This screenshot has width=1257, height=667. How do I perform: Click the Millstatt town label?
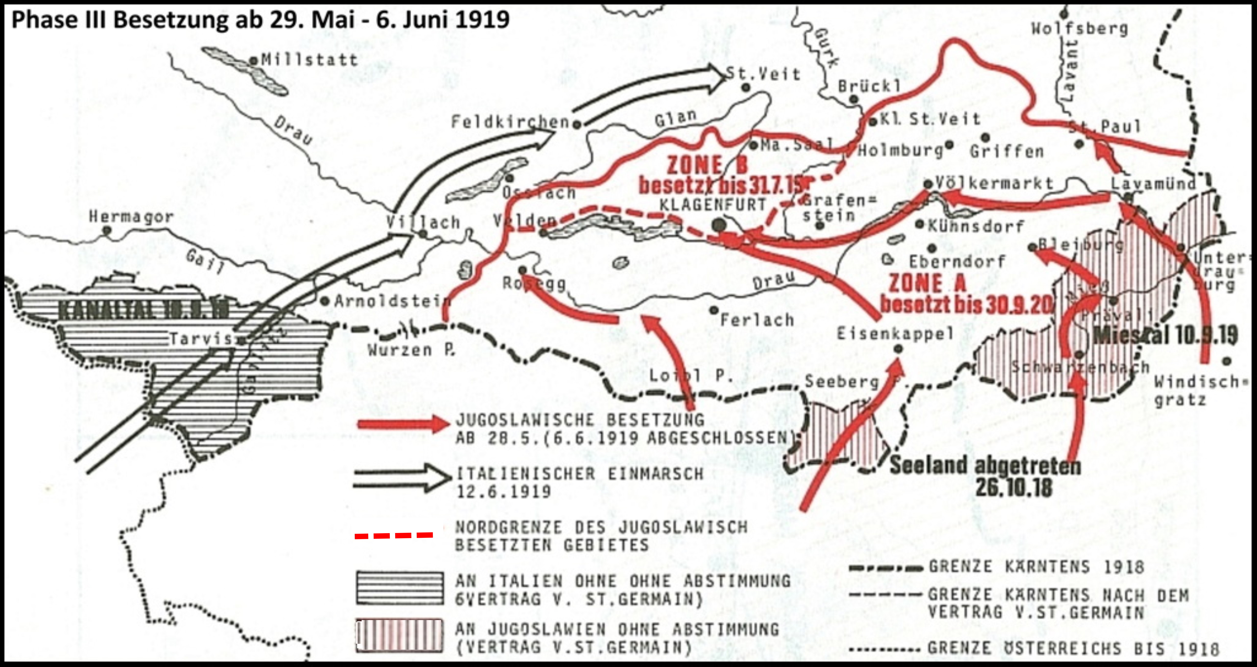click(x=309, y=60)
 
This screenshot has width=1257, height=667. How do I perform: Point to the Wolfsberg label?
click(x=1079, y=29)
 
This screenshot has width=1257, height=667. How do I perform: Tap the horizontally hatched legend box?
click(x=400, y=588)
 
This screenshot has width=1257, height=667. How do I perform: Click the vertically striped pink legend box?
click(x=400, y=636)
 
